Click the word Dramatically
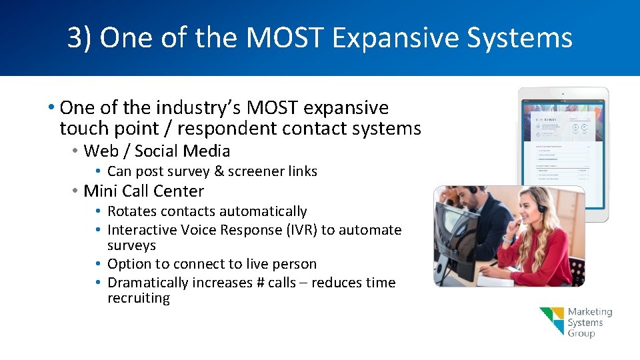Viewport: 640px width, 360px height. click(148, 283)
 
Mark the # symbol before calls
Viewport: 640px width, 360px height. click(260, 283)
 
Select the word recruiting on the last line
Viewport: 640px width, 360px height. click(139, 299)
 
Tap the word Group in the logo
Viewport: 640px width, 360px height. click(581, 333)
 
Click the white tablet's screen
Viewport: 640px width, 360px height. click(563, 150)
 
